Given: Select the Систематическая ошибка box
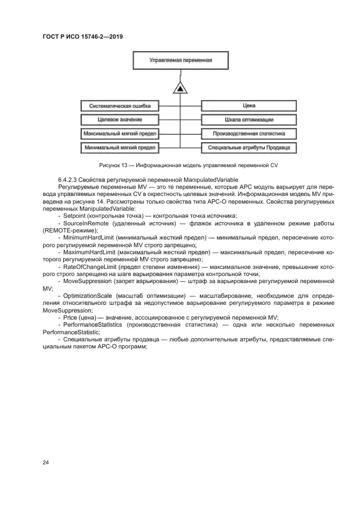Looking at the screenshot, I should (x=120, y=106).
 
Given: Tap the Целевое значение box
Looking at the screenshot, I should (x=120, y=119).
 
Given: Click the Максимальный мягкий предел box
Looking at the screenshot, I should (x=120, y=133).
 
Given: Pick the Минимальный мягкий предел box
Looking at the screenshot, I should (x=120, y=148).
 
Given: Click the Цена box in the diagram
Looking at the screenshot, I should (x=249, y=106).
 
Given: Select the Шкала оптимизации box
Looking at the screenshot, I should (x=249, y=119).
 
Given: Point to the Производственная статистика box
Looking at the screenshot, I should (x=249, y=133).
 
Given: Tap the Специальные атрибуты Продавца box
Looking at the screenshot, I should (x=249, y=148).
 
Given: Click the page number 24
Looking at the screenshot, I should (x=46, y=462).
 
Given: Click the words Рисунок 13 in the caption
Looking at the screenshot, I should (x=112, y=165).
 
